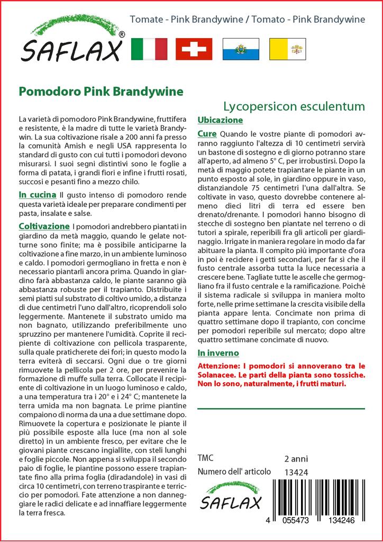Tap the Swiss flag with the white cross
coord(194,49)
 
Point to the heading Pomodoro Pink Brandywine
coord(101,91)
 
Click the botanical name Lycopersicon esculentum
coord(294,106)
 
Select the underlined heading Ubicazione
coord(220,120)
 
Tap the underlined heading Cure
coord(207,134)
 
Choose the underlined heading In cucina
coord(38,195)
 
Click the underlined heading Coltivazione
coord(44,227)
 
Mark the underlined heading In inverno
coord(218,353)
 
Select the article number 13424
coord(296,472)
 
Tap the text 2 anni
coord(296,458)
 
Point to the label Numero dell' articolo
coord(234,472)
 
